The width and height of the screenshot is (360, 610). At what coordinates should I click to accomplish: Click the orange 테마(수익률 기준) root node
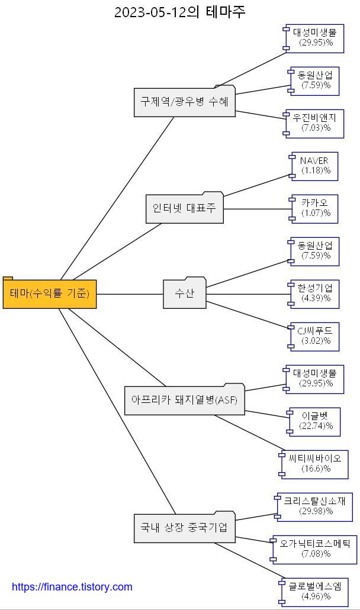click(50, 293)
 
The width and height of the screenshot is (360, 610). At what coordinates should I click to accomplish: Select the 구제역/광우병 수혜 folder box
click(184, 102)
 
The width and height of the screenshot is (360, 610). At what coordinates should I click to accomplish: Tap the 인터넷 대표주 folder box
click(185, 208)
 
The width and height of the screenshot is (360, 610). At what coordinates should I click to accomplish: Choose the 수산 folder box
click(185, 293)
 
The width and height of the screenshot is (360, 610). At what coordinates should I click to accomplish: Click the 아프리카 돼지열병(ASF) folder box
click(184, 401)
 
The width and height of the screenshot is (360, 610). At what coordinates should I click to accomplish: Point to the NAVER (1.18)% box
click(315, 166)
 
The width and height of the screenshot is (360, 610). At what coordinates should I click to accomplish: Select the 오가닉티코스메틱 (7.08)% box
click(314, 548)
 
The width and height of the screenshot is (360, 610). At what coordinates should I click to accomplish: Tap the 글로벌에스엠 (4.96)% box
click(314, 591)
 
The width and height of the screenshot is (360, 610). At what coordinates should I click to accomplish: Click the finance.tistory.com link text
click(72, 587)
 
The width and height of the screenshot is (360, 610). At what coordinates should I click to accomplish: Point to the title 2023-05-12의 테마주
click(179, 11)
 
